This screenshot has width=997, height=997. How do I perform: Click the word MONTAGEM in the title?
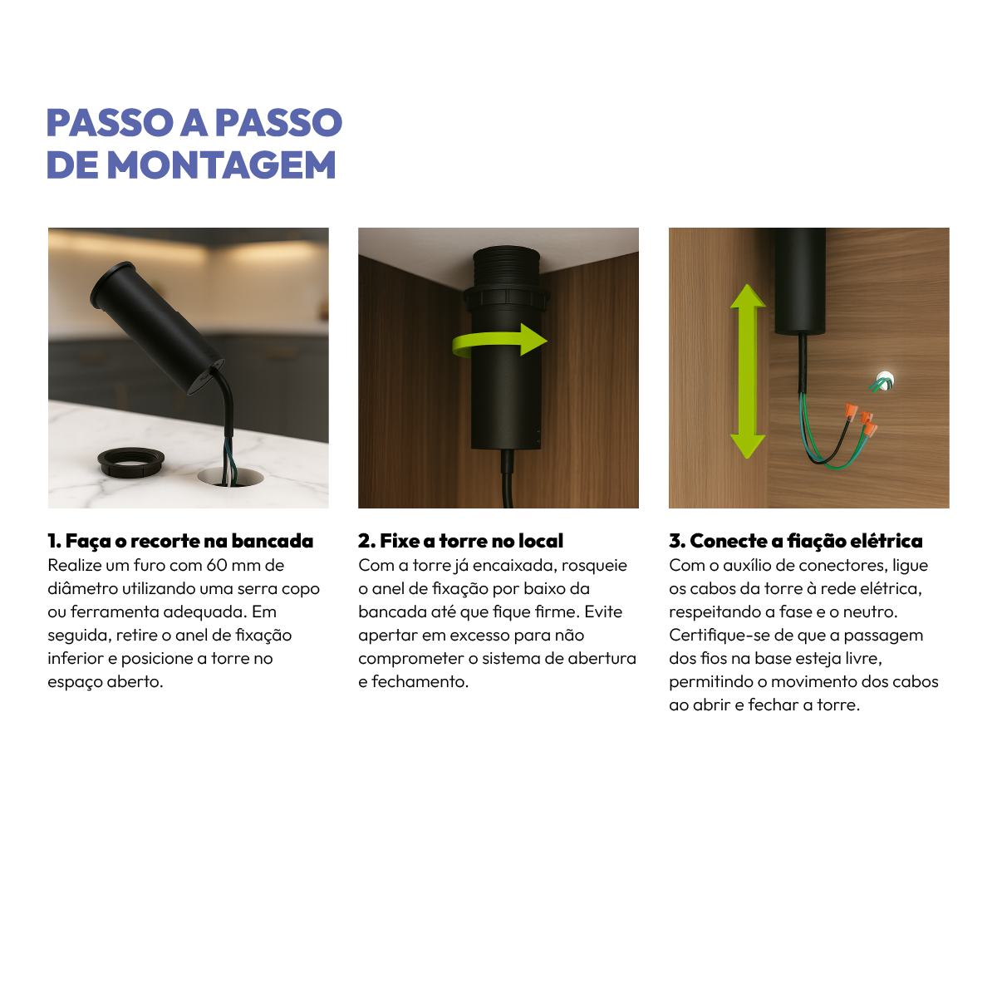point(222,165)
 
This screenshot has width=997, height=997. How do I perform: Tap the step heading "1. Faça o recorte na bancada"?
point(180,541)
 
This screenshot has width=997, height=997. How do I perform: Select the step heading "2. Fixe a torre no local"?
point(460,541)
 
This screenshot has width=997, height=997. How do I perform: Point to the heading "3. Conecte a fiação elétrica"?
point(795,541)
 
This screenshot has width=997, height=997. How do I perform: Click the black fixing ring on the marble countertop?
point(133,460)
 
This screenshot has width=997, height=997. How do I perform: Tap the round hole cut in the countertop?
point(233,478)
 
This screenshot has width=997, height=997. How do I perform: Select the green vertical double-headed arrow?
point(748,371)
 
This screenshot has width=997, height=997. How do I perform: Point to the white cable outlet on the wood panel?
point(885,381)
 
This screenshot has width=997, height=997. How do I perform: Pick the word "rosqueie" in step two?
point(594,566)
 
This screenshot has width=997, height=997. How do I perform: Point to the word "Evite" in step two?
point(603,612)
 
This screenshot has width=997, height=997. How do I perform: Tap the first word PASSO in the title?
point(108,123)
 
